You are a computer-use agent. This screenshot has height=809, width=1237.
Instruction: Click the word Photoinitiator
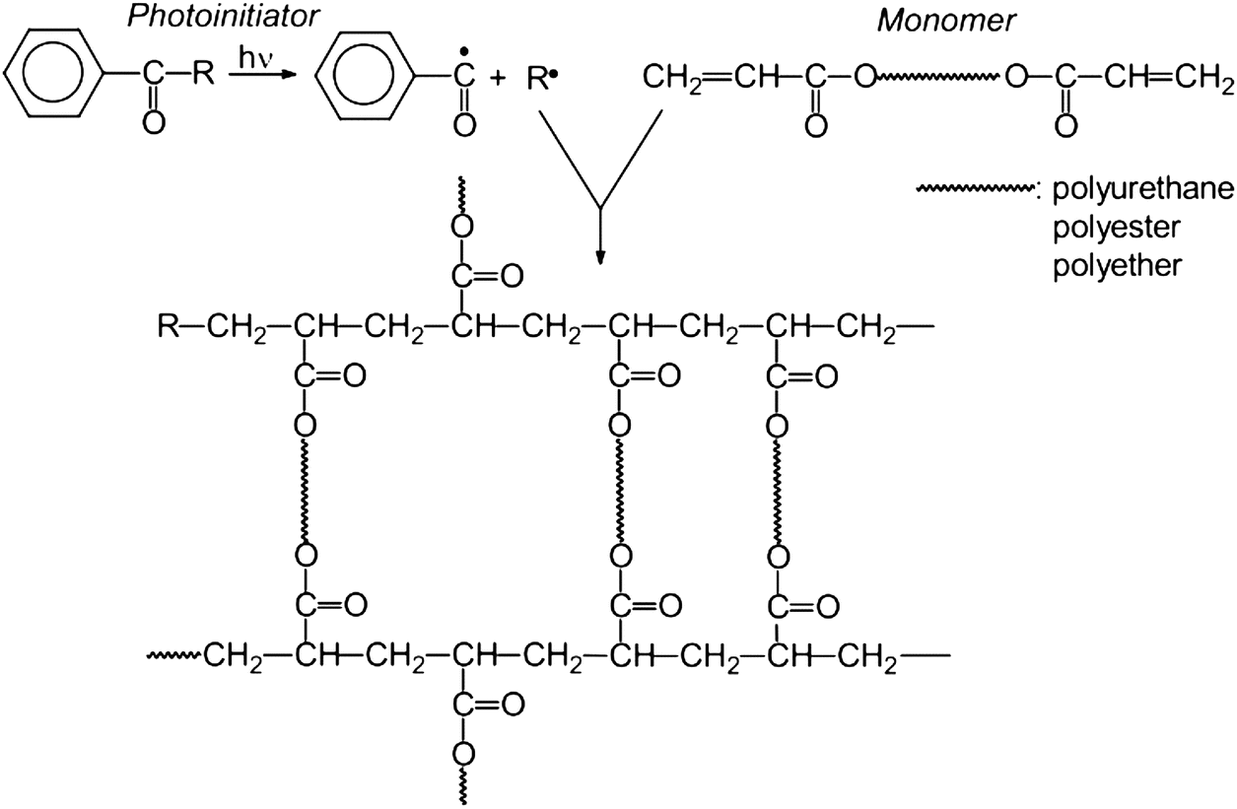(223, 16)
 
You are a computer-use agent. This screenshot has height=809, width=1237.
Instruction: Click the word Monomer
(946, 21)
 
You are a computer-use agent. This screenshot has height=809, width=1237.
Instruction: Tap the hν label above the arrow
(255, 57)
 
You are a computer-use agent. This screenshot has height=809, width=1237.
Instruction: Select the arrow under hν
(259, 75)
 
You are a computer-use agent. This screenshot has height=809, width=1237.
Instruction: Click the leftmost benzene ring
(53, 74)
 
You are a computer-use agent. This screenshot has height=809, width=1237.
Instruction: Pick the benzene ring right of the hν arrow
(365, 75)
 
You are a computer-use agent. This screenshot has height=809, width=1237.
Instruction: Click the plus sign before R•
(498, 79)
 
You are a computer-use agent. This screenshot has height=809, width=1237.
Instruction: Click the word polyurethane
(1142, 190)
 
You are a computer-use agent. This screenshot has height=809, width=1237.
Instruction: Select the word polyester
(1116, 228)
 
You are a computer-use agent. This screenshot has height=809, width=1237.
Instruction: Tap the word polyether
(1117, 266)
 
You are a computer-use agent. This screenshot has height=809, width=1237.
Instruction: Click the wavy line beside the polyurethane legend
(974, 189)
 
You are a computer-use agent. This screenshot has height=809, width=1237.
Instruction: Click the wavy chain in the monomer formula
(938, 77)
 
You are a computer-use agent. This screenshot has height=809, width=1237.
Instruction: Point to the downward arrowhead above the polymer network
(601, 257)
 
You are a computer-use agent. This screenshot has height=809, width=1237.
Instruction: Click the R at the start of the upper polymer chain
(169, 326)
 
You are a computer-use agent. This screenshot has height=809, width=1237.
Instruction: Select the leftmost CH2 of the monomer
(671, 79)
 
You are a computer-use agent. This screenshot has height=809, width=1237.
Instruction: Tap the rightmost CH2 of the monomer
(1203, 79)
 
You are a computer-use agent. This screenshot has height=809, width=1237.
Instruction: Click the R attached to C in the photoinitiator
(203, 74)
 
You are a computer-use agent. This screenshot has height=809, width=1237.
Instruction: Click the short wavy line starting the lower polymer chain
(173, 655)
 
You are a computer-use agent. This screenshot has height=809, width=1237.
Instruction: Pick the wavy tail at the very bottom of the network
(463, 786)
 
